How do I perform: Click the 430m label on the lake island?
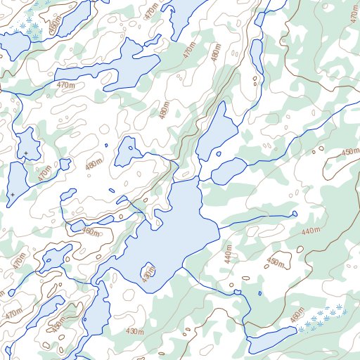[148, 275]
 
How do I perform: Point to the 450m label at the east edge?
[349, 153]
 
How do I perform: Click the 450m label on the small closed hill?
[275, 262]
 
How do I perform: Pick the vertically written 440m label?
[228, 255]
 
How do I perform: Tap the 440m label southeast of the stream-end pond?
[310, 231]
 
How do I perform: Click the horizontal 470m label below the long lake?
[65, 85]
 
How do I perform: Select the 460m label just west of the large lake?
[91, 231]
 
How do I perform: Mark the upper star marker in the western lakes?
[26, 153]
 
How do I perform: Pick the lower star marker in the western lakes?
[12, 194]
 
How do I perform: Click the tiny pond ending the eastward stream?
[294, 214]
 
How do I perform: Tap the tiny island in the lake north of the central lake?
[219, 154]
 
